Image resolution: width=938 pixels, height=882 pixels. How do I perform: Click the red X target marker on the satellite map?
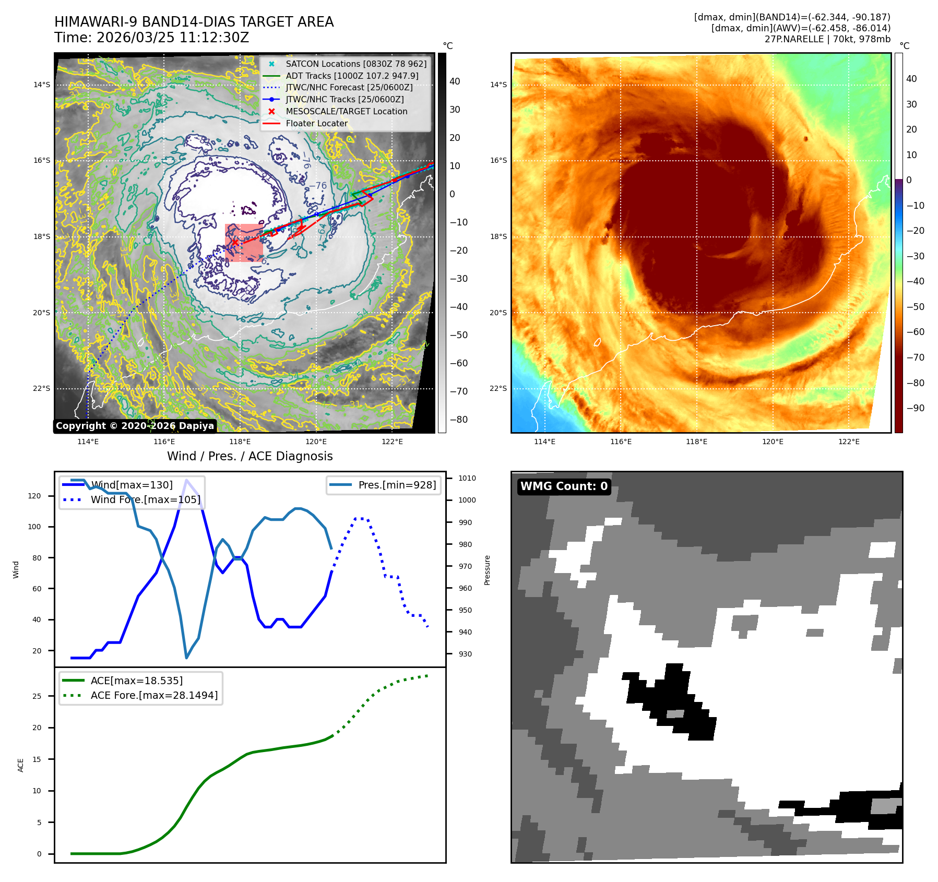(x=235, y=242)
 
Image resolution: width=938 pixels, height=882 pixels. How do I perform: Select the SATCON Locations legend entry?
(x=355, y=64)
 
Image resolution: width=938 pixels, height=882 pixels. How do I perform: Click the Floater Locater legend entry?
(x=316, y=123)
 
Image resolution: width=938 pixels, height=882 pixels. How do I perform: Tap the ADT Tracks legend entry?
(x=352, y=76)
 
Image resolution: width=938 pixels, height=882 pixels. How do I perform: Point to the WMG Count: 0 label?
(x=564, y=486)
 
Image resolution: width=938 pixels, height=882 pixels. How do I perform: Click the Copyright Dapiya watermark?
(x=135, y=426)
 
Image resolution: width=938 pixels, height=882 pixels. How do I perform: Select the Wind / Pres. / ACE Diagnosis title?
(x=250, y=456)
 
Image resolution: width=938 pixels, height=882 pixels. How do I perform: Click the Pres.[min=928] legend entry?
(x=397, y=485)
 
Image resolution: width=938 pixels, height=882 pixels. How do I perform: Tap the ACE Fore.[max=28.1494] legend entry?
(x=154, y=695)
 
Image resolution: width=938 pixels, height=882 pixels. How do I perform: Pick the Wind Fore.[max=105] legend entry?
(x=145, y=499)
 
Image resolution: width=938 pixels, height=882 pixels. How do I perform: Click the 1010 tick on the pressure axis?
(x=467, y=478)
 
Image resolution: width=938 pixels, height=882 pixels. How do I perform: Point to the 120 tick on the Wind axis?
(x=34, y=496)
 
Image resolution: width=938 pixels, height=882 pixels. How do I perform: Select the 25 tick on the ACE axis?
(x=37, y=696)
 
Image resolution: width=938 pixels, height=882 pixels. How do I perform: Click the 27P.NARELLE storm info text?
(x=827, y=39)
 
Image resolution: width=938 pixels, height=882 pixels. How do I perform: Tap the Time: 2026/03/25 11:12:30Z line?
(x=151, y=38)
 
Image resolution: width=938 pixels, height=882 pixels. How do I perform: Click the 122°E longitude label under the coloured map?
(x=849, y=442)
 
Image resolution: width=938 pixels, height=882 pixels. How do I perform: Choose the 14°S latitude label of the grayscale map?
(x=42, y=85)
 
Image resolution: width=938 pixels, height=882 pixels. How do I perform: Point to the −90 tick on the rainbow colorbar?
(x=915, y=408)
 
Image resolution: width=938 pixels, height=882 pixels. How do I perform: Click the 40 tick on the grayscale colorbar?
(x=455, y=81)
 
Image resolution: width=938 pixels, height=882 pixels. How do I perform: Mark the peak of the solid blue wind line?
(x=186, y=480)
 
